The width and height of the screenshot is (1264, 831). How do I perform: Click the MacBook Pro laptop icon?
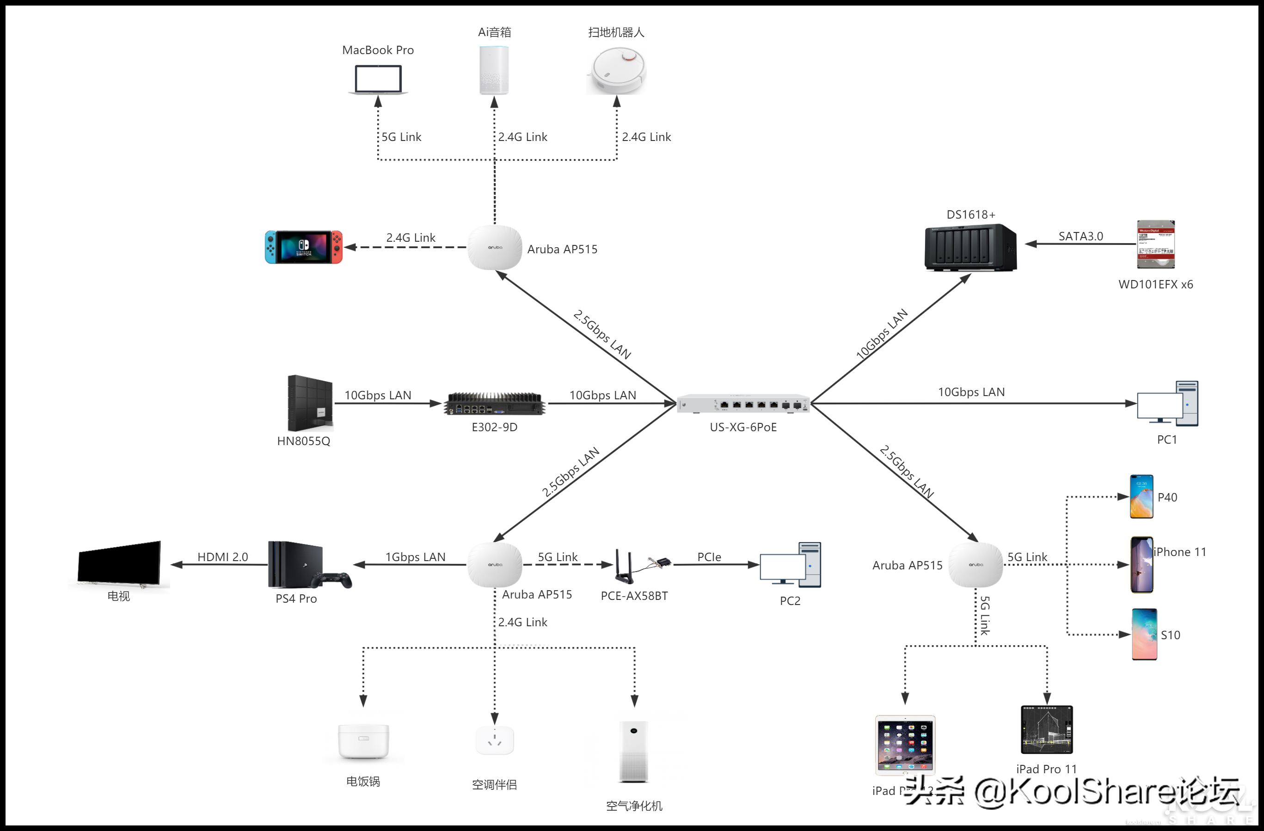tap(378, 79)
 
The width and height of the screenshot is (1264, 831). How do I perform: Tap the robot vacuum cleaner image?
tap(617, 71)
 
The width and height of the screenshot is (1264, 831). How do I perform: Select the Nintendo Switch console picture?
tap(304, 247)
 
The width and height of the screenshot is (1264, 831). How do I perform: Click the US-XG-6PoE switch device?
tap(743, 403)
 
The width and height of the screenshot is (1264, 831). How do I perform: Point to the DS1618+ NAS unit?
tap(970, 247)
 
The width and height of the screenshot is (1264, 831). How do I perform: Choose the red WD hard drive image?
tap(1156, 244)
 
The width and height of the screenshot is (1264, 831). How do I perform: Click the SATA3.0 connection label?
tap(1080, 236)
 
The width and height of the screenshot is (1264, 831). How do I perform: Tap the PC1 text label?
tap(1167, 440)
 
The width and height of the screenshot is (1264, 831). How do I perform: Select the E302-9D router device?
tap(494, 403)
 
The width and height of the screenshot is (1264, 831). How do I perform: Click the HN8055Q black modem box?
tap(310, 403)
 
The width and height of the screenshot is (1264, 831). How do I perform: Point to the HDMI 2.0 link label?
tap(222, 556)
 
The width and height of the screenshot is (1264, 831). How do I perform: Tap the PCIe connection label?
tap(709, 556)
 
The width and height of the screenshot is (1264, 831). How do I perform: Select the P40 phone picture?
tap(1141, 496)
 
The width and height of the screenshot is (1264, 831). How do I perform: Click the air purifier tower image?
tap(633, 752)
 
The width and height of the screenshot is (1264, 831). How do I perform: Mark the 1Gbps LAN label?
tap(415, 556)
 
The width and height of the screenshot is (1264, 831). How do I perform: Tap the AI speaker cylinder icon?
tap(494, 70)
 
